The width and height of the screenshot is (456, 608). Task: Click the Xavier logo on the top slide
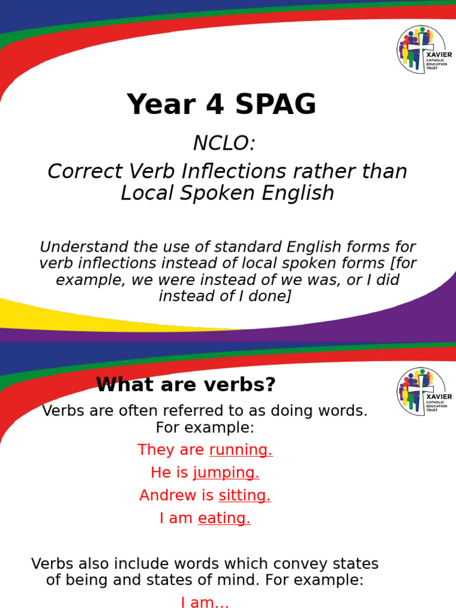424,50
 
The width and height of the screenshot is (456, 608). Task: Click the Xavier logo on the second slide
424,392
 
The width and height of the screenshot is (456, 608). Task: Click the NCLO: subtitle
224,143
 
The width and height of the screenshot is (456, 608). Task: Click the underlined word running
240,450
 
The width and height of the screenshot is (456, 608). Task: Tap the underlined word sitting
244,496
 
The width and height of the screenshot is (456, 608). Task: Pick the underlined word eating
224,518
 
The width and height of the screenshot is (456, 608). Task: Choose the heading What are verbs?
186,385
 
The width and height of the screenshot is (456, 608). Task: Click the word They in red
154,450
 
